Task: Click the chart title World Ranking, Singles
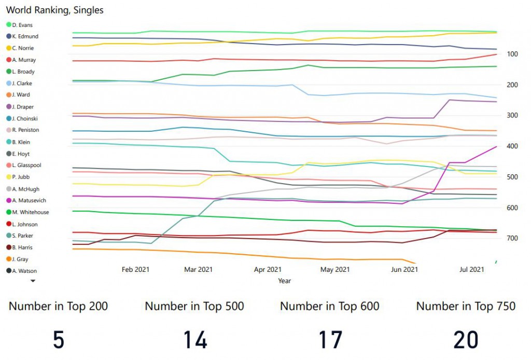pos(54,10)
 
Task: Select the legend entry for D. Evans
pos(21,24)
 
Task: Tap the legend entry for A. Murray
pos(24,60)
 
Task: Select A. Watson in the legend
pos(24,271)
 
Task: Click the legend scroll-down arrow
pos(33,281)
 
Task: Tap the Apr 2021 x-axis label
pos(268,269)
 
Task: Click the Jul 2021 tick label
pos(472,269)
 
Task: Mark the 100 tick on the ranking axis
pos(513,54)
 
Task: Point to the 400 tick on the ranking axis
pos(513,146)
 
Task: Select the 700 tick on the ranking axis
pos(513,239)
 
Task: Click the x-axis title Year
pos(284,281)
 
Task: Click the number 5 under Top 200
pos(59,339)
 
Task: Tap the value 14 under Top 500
pos(195,339)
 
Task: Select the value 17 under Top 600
pos(330,339)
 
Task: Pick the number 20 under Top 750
pos(466,339)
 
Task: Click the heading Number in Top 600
pos(330,306)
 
